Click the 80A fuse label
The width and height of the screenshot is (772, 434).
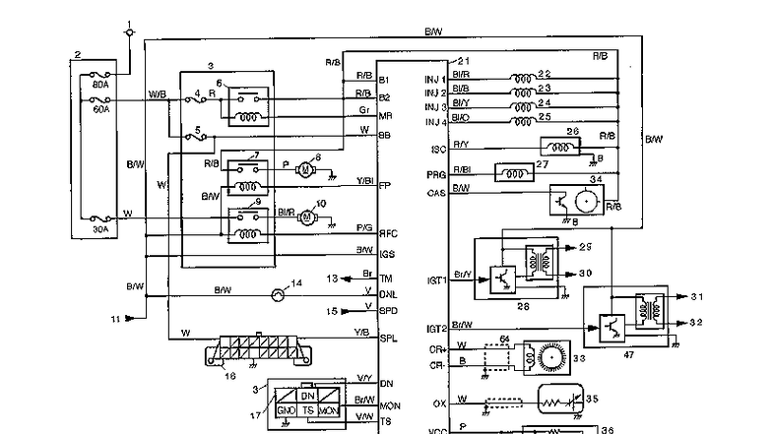99,85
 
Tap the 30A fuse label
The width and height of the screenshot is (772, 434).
99,229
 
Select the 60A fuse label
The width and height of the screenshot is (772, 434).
99,111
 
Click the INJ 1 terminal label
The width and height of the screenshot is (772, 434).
435,79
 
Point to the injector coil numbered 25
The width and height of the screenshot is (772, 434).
529,119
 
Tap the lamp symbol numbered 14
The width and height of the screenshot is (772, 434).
279,293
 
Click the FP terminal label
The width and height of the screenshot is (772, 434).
384,184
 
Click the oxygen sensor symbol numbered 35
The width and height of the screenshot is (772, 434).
558,402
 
